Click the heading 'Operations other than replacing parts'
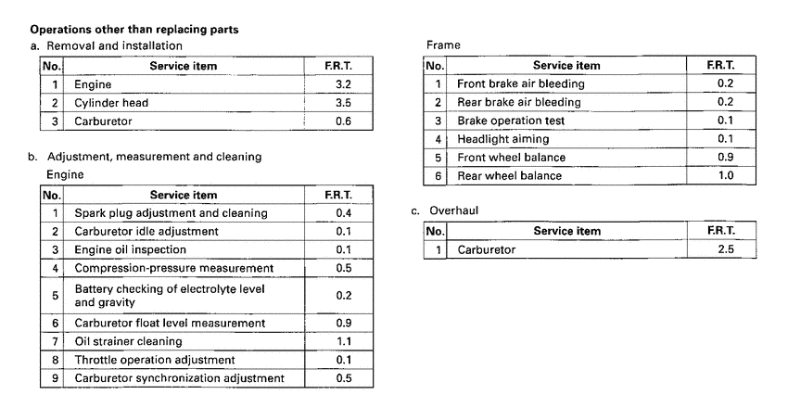click(134, 30)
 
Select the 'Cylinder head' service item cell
click(111, 103)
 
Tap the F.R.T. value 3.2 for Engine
click(343, 84)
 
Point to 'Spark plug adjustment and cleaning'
click(171, 213)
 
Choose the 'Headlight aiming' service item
click(503, 139)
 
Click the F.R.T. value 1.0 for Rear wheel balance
click(725, 176)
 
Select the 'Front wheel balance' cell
click(511, 158)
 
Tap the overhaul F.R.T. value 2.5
click(725, 249)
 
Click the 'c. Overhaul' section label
click(450, 211)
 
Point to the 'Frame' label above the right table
click(443, 45)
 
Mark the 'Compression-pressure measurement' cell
click(173, 268)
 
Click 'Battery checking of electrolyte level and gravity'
click(169, 296)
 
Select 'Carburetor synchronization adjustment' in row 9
click(180, 378)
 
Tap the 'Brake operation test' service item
click(511, 121)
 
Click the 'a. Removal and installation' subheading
click(107, 45)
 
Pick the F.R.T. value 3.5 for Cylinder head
click(343, 103)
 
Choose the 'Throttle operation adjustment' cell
click(154, 360)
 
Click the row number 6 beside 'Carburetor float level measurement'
click(55, 323)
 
